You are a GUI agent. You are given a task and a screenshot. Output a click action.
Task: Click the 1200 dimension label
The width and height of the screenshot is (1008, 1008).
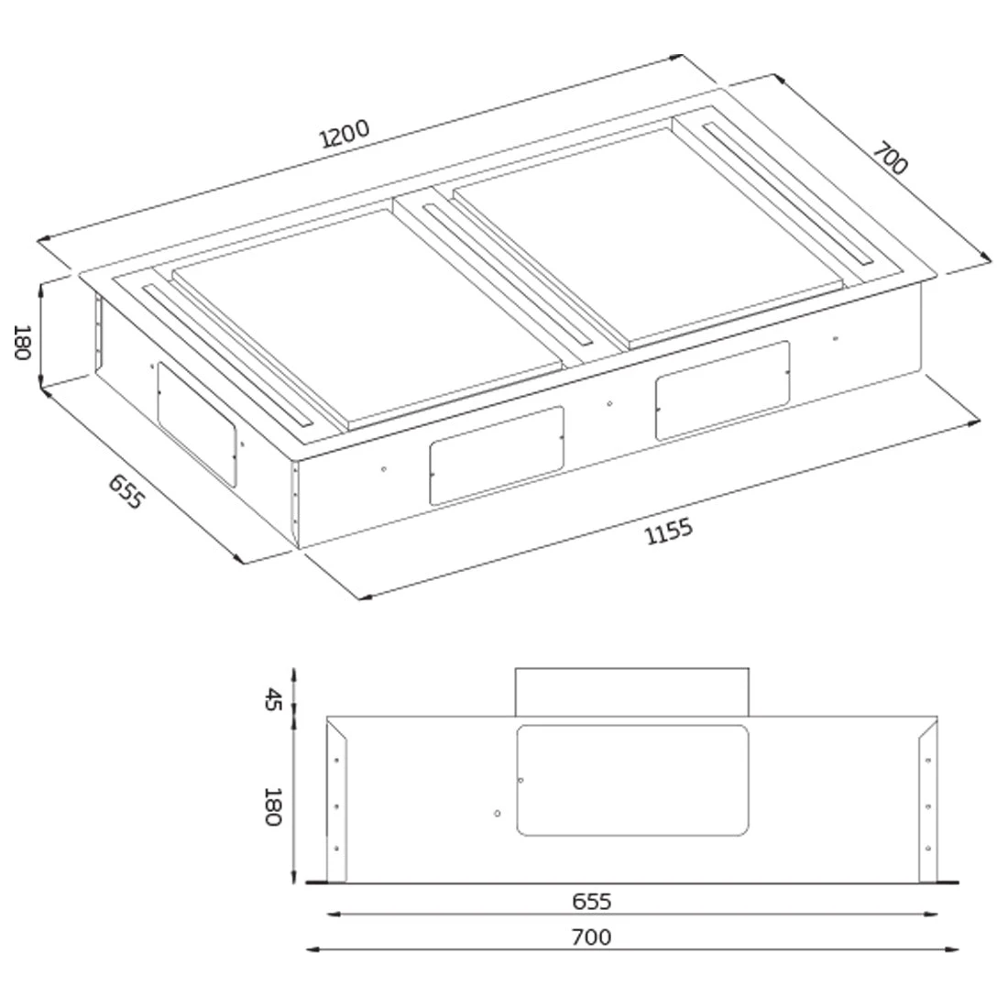[x=345, y=134]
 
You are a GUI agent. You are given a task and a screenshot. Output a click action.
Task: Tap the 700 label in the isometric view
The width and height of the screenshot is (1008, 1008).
[x=888, y=158]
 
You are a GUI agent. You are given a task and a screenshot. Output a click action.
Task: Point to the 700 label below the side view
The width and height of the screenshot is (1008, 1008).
[x=591, y=937]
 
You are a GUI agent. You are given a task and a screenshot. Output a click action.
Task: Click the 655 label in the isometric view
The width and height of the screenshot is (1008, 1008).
[x=126, y=492]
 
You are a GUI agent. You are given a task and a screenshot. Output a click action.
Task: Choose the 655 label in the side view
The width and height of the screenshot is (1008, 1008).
[x=591, y=902]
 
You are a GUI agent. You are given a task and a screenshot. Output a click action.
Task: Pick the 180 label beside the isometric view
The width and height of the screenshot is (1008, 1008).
[x=24, y=342]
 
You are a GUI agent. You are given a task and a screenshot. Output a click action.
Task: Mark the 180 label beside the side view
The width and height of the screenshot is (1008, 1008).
[x=271, y=806]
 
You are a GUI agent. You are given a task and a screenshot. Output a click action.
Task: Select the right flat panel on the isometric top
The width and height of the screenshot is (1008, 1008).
[x=646, y=234]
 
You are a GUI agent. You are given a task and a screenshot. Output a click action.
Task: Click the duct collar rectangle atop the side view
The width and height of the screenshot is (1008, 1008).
[x=632, y=692]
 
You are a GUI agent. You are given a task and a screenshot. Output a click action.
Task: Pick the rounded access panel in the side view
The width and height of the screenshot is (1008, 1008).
[x=632, y=781]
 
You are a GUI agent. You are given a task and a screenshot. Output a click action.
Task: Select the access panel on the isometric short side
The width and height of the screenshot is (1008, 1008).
[x=196, y=422]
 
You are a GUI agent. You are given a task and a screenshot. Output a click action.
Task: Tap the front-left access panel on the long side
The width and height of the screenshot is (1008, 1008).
[x=496, y=455]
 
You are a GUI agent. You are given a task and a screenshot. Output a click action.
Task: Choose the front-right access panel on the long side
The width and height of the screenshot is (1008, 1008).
[x=722, y=389]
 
